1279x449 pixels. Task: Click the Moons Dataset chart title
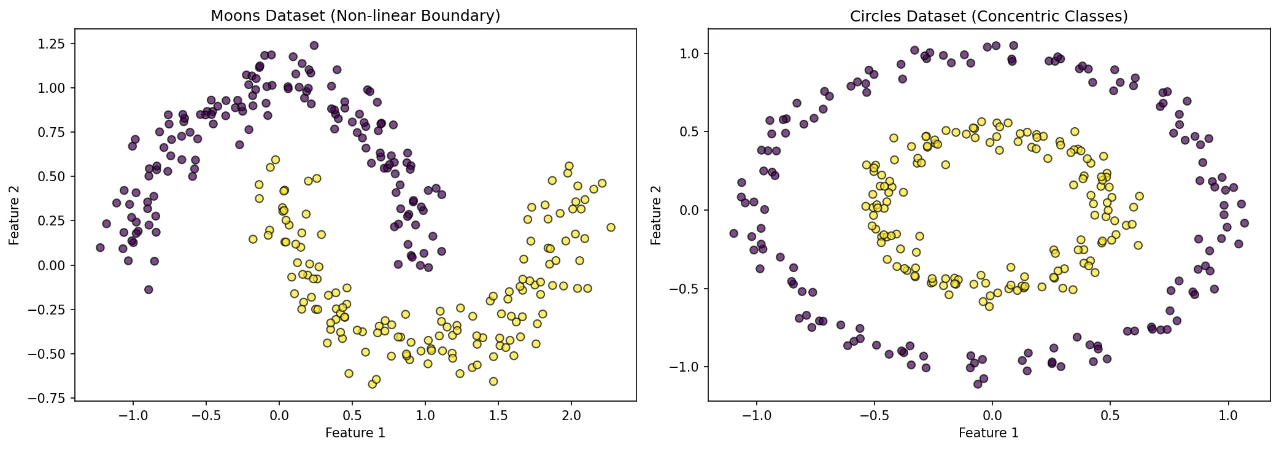[355, 16]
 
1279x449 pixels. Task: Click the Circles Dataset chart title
[988, 17]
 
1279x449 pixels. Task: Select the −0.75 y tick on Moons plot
[52, 398]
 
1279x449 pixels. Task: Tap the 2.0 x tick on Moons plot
[571, 415]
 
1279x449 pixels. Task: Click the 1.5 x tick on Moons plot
[498, 415]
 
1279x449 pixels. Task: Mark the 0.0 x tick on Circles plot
[992, 415]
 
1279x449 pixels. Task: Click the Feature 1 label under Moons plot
[355, 433]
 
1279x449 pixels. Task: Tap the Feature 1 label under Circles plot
[988, 433]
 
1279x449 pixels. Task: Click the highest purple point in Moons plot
[314, 45]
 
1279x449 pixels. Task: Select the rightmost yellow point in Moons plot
[611, 227]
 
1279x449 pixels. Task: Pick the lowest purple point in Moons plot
[148, 289]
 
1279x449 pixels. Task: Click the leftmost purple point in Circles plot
[733, 233]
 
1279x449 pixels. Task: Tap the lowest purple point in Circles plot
[978, 384]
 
